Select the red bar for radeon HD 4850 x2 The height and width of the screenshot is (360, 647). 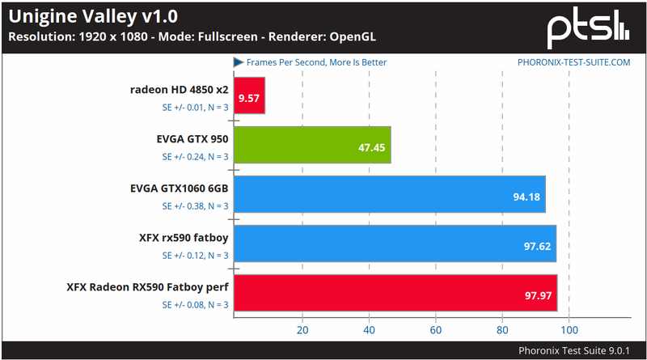click(249, 96)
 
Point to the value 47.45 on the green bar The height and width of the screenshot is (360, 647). click(370, 148)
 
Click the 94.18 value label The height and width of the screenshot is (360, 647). click(526, 197)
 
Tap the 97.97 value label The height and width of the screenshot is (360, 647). click(538, 295)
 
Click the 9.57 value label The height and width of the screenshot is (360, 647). click(249, 100)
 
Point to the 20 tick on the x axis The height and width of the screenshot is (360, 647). click(302, 330)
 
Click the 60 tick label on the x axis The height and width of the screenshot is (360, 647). click(436, 330)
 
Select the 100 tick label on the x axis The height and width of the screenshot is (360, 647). click(569, 330)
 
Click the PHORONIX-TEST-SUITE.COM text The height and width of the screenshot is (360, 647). click(573, 62)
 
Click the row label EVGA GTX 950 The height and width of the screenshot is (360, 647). click(192, 138)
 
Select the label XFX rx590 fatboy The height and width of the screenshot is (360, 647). click(184, 238)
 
